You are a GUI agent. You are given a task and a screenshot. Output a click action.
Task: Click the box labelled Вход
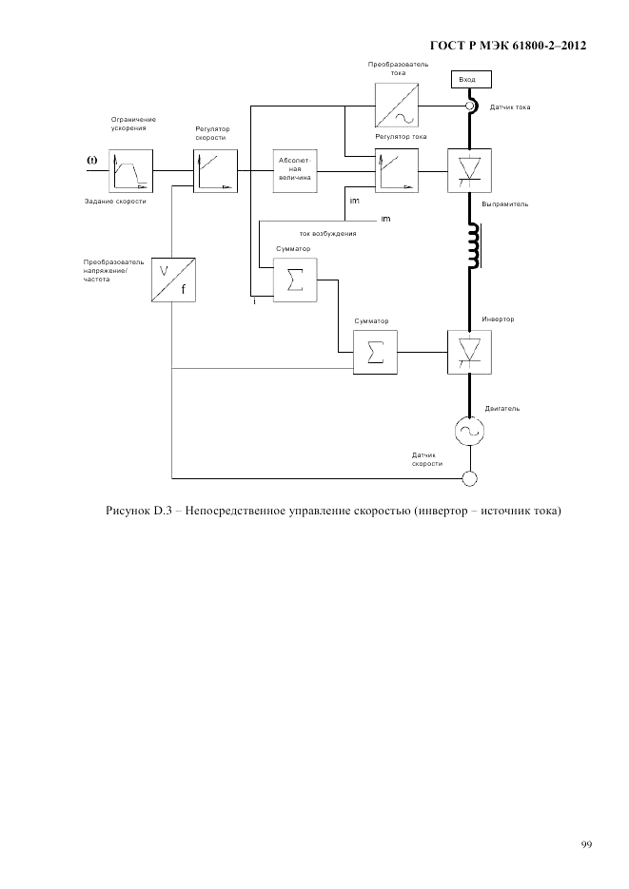pos(468,79)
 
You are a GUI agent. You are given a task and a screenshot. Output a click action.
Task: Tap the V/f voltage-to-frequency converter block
pos(172,280)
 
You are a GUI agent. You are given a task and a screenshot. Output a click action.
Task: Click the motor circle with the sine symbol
pos(468,431)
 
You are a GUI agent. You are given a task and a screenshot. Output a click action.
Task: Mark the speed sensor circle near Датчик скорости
pos(468,477)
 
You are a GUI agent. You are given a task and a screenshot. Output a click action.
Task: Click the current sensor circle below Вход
pos(469,106)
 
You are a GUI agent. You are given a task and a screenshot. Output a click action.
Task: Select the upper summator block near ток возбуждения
pos(295,280)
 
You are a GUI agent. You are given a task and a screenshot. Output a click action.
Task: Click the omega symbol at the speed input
pos(92,160)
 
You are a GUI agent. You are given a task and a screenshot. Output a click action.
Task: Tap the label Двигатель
pos(501,408)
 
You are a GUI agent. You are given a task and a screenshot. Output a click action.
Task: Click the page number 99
pos(586,843)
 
